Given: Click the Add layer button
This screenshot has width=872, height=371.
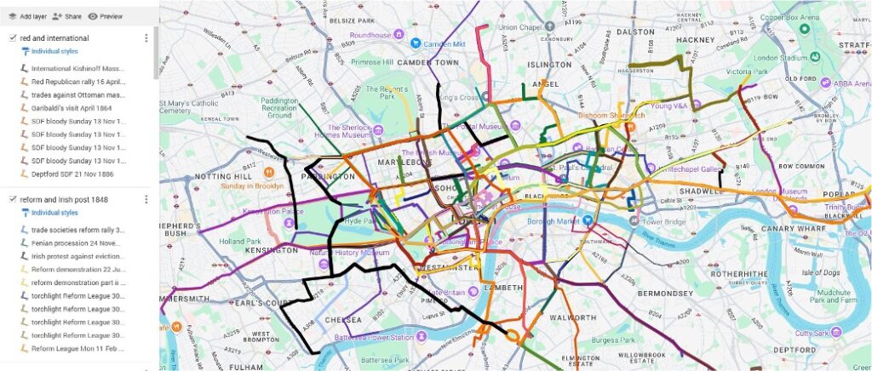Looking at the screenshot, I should tap(26, 16).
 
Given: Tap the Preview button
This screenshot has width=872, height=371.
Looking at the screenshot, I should tap(105, 16).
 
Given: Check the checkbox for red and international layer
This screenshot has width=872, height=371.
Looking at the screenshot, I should tap(12, 38).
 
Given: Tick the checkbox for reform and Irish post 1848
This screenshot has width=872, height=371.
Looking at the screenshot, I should tap(12, 199).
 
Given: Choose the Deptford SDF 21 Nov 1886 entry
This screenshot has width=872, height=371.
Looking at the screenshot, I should tap(73, 174).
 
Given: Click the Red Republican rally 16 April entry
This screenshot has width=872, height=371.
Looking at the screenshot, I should tap(77, 83).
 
